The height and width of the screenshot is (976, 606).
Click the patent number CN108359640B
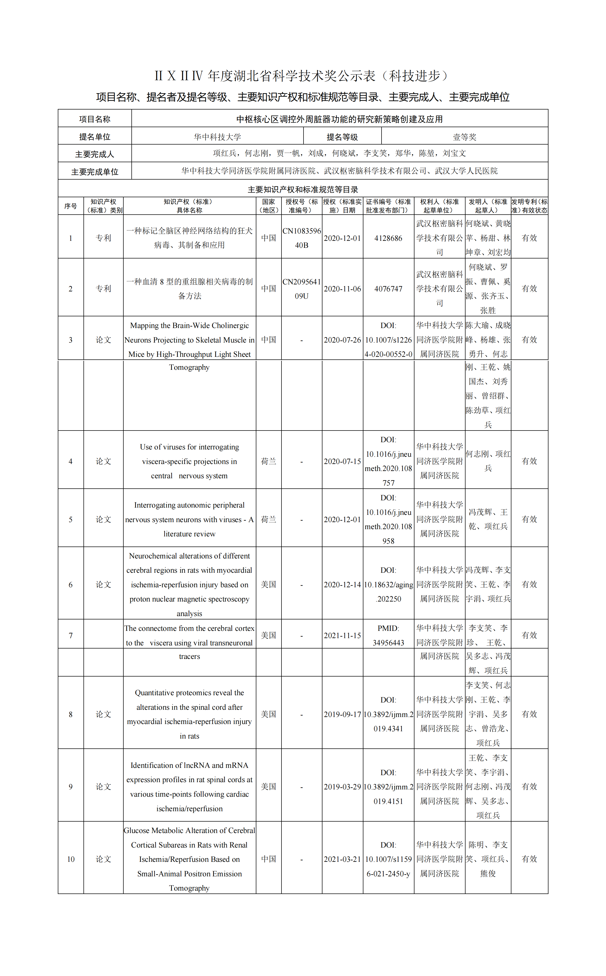click(x=301, y=238)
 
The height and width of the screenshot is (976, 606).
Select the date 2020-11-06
click(x=342, y=289)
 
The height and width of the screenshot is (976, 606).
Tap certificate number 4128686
click(x=388, y=238)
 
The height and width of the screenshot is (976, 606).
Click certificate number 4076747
click(x=388, y=289)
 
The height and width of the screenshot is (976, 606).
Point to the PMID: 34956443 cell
click(x=388, y=636)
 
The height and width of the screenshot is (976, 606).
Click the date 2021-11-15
click(x=342, y=636)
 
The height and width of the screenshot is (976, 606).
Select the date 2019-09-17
click(x=342, y=714)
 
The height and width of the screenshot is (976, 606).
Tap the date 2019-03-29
click(x=342, y=787)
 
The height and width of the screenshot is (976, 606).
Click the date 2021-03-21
click(x=342, y=859)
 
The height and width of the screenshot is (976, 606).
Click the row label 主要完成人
click(x=95, y=154)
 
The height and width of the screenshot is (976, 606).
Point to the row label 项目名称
click(x=95, y=119)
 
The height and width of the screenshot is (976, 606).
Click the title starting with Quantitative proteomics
click(x=189, y=714)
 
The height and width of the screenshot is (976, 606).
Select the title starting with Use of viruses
click(x=189, y=461)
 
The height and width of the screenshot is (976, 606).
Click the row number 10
click(x=71, y=859)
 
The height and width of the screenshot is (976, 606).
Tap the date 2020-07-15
click(x=342, y=461)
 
